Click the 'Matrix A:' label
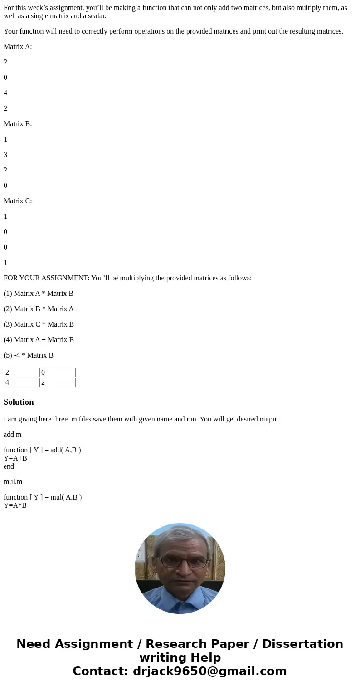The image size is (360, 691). (18, 47)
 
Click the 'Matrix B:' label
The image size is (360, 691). (18, 124)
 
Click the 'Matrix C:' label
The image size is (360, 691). (18, 201)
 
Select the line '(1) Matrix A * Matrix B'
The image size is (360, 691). (39, 294)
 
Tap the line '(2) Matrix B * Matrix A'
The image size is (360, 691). (39, 309)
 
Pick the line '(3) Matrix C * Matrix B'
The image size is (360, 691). (39, 324)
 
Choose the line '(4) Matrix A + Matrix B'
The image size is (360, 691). (39, 340)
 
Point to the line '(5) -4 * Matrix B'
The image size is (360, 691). (29, 355)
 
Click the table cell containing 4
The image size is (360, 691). (22, 382)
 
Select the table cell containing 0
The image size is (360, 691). (58, 372)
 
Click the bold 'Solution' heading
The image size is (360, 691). (19, 402)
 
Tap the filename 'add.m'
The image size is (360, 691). (13, 435)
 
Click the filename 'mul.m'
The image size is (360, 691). (13, 482)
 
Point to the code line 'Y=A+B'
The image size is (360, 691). (15, 458)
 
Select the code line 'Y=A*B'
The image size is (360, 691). (15, 505)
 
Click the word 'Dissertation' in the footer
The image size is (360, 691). (302, 644)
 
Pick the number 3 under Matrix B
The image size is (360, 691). (5, 155)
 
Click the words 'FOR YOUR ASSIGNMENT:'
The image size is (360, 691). (46, 278)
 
